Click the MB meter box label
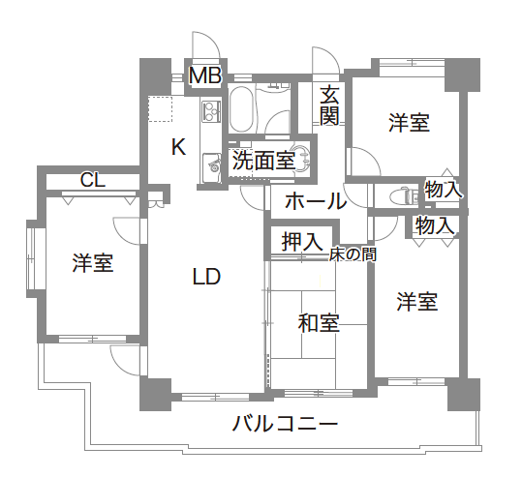(x=205, y=75)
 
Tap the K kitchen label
(x=178, y=147)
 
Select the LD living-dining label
(x=206, y=277)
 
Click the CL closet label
(x=93, y=181)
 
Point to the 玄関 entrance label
(x=329, y=105)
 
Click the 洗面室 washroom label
(x=263, y=161)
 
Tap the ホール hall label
(x=316, y=201)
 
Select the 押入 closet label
(x=302, y=242)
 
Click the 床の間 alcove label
(x=353, y=254)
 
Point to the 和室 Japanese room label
(x=319, y=323)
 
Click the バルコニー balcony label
(x=285, y=424)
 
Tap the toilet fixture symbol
(x=403, y=195)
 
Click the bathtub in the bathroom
(x=241, y=109)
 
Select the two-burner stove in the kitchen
(x=211, y=111)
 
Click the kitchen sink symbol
(x=212, y=168)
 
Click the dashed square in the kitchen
(x=161, y=109)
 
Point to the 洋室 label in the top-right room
(x=409, y=123)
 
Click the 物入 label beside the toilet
(x=444, y=190)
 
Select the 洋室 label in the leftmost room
(x=93, y=263)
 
